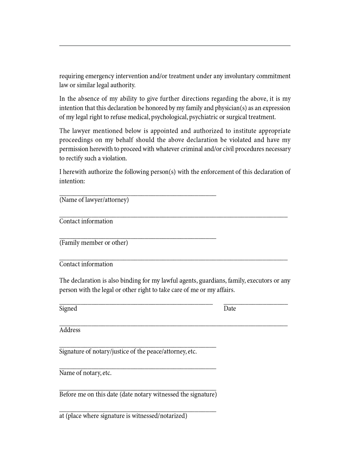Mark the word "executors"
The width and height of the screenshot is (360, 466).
[x=259, y=281]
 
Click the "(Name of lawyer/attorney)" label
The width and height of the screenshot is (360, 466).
[x=94, y=200]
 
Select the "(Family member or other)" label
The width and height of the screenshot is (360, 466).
[x=93, y=243]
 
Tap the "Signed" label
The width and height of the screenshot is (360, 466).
[x=68, y=309]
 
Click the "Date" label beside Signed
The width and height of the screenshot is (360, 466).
[x=230, y=309]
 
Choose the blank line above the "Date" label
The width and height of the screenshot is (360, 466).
[x=256, y=304]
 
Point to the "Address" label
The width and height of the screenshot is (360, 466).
[x=70, y=330]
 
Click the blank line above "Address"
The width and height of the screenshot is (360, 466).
[x=173, y=326]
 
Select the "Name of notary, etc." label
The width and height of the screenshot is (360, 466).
[x=85, y=373]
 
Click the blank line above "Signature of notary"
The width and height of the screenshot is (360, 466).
[x=138, y=347]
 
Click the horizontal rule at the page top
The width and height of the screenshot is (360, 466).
[x=175, y=45]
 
